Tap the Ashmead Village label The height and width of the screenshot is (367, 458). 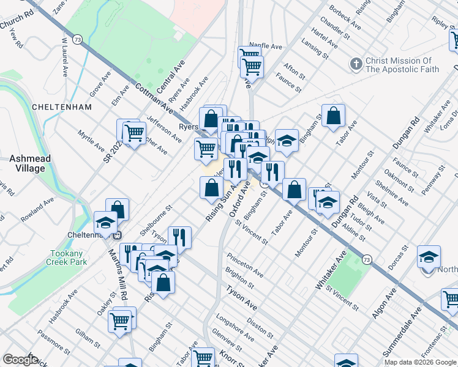pos(30,163)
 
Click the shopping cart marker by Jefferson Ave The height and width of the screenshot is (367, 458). pos(133,132)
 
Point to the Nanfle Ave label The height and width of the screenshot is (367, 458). pos(265,46)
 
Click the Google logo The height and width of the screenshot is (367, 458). pos(21,360)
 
